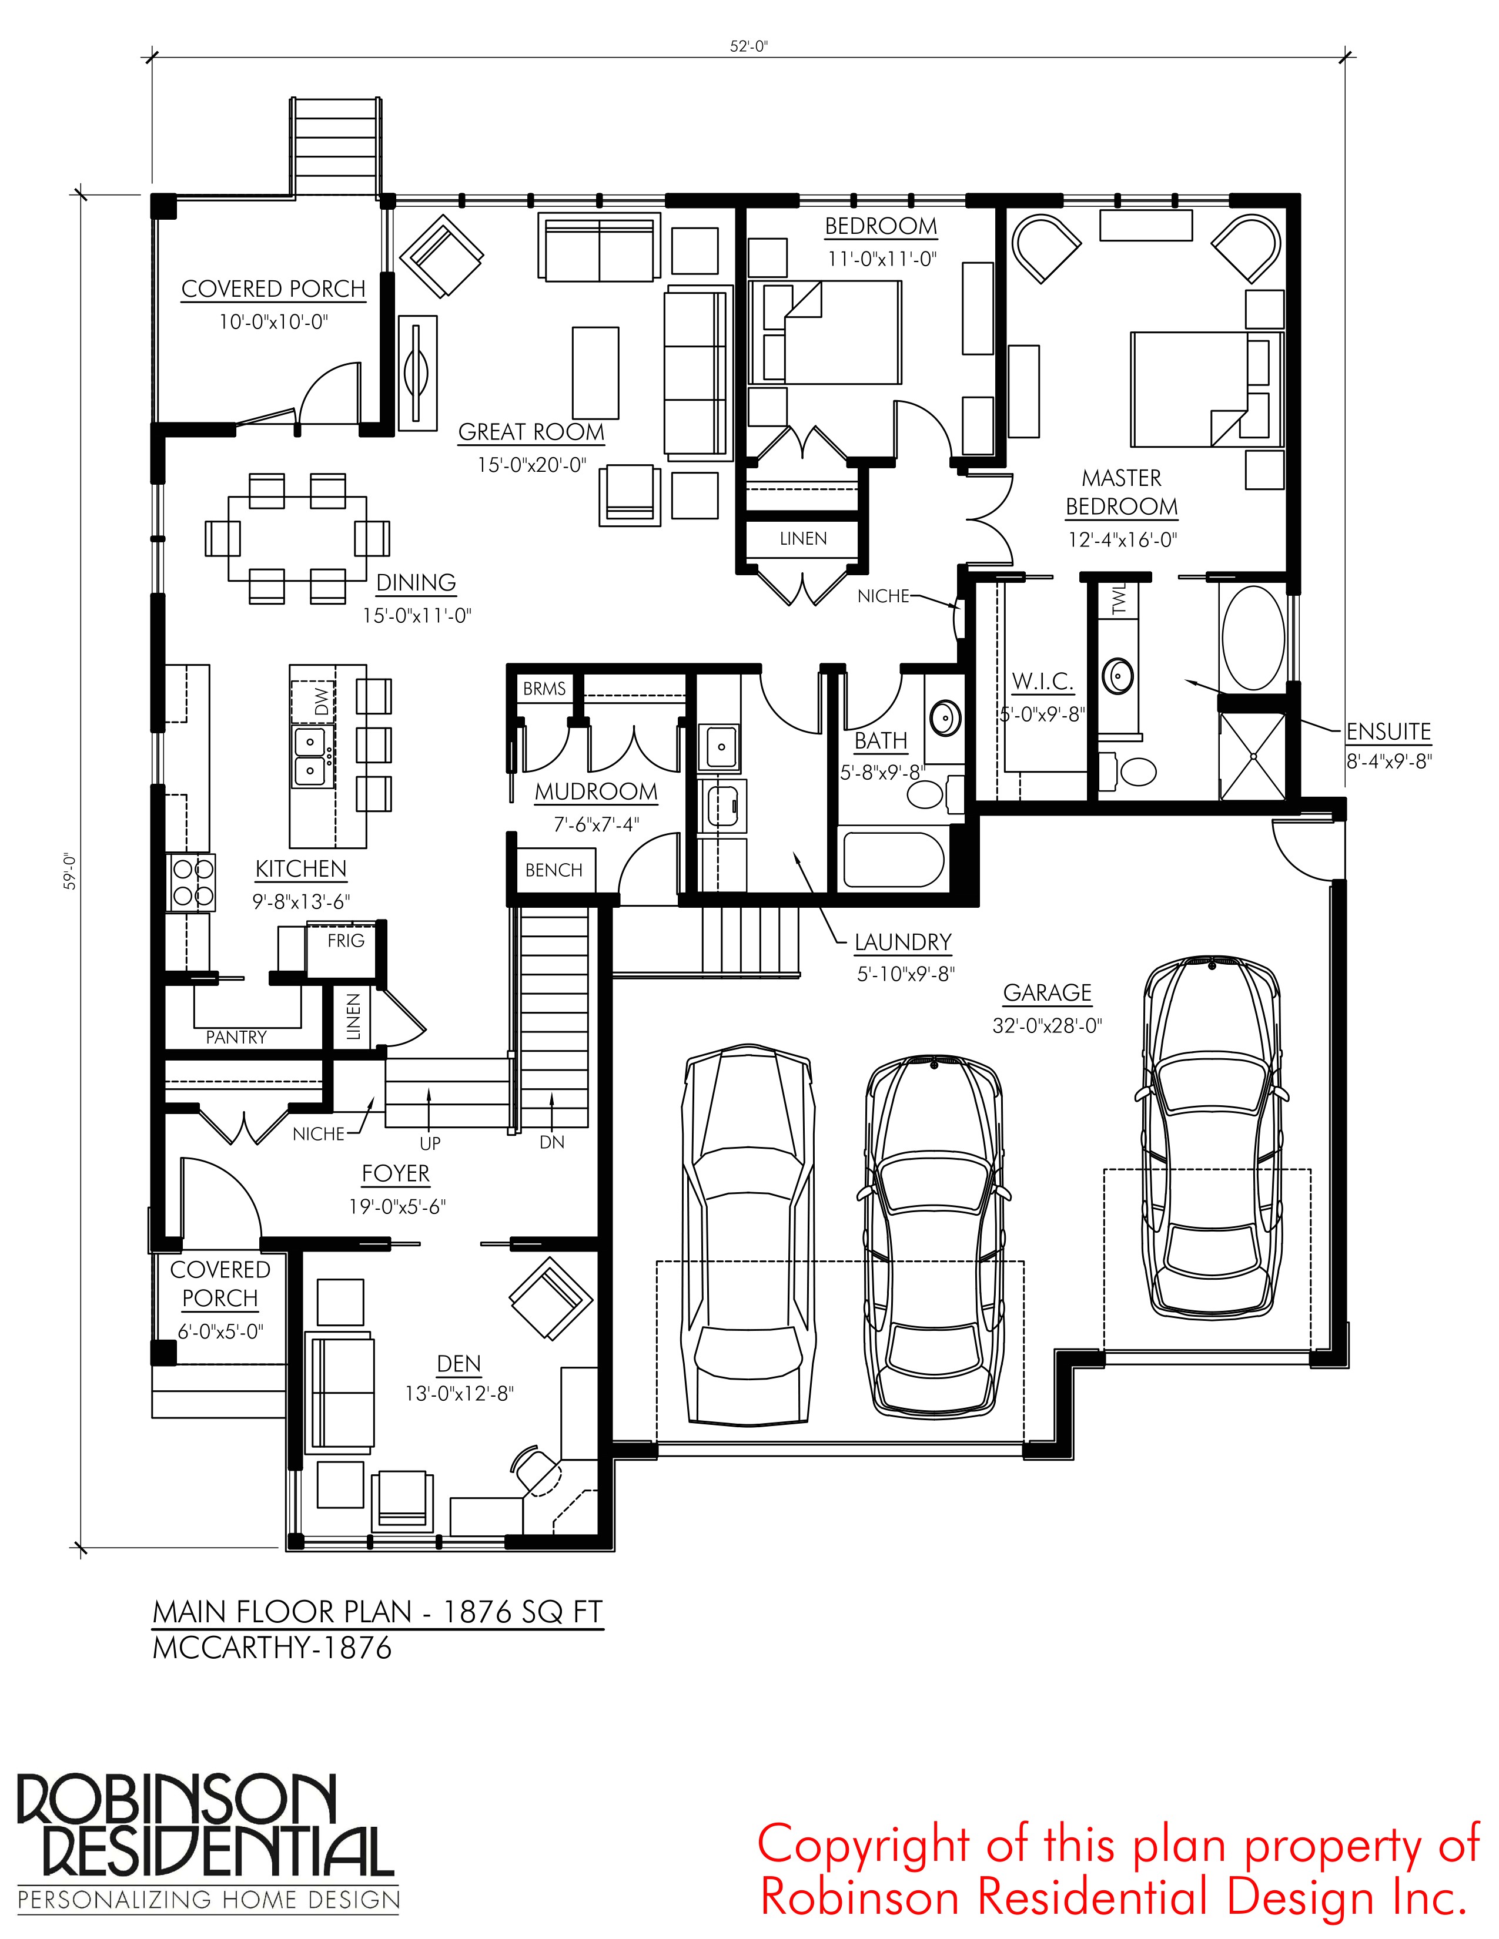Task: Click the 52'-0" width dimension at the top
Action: pos(748,46)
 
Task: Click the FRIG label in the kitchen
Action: pos(346,940)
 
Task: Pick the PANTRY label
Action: pos(236,1036)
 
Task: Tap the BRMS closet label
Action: pos(544,689)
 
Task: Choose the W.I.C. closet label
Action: pos(1043,682)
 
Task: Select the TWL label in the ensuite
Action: pos(1118,598)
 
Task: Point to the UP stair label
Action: pos(430,1143)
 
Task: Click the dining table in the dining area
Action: pos(297,538)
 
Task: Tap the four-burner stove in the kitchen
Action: pos(192,881)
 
